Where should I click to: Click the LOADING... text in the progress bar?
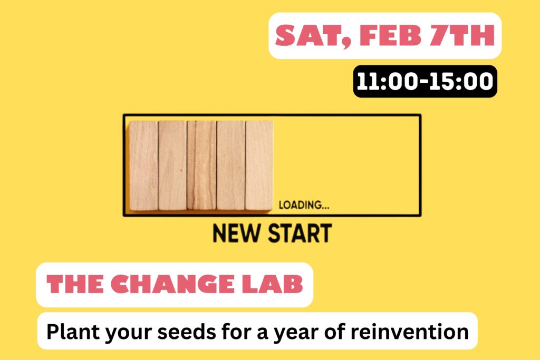304,205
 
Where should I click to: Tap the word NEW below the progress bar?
236,233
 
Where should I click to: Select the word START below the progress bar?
300,233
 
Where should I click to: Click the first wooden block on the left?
143,165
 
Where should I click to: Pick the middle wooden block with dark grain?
201,165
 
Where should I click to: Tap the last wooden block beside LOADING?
259,165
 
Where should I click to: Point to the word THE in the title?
75,284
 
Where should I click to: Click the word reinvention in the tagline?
409,332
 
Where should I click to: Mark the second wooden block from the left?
172,165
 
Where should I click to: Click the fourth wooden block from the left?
231,165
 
